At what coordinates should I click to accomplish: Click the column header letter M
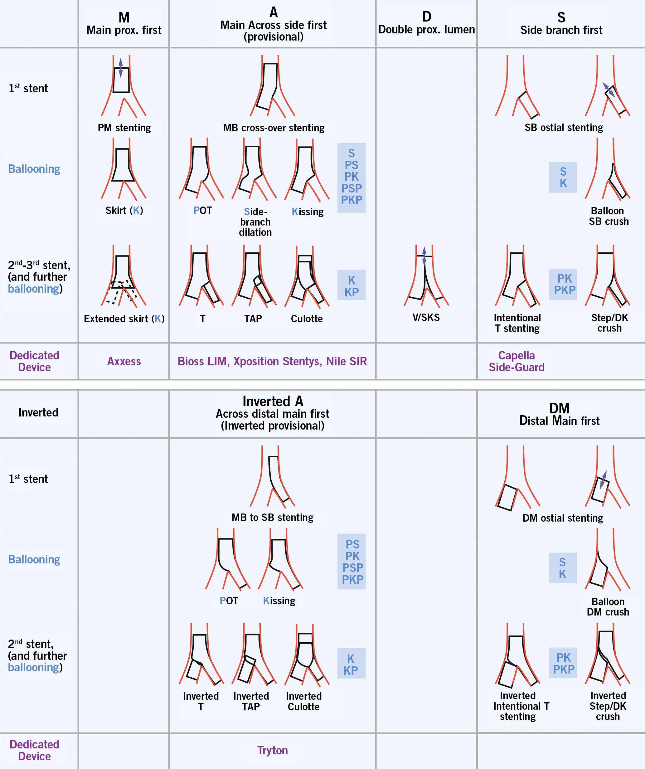pyautogui.click(x=124, y=17)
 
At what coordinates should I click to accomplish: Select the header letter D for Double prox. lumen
pyautogui.click(x=427, y=17)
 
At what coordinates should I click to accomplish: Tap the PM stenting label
pyautogui.click(x=124, y=128)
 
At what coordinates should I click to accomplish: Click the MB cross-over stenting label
pyautogui.click(x=274, y=128)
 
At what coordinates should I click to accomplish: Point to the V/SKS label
pyautogui.click(x=426, y=318)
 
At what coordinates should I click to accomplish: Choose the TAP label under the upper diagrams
pyautogui.click(x=253, y=319)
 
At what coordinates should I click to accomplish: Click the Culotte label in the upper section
pyautogui.click(x=307, y=319)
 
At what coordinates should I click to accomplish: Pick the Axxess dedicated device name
pyautogui.click(x=124, y=362)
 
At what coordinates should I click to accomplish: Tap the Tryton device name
pyautogui.click(x=272, y=750)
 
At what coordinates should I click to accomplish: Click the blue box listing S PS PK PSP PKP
pyautogui.click(x=352, y=178)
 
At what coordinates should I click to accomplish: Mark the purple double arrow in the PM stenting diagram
pyautogui.click(x=121, y=68)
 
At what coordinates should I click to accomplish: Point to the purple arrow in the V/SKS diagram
pyautogui.click(x=424, y=256)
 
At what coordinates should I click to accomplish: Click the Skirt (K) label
pyautogui.click(x=124, y=211)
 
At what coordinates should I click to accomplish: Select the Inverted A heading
pyautogui.click(x=273, y=401)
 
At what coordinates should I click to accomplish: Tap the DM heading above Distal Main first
pyautogui.click(x=559, y=408)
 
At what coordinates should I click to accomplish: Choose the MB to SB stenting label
pyautogui.click(x=272, y=518)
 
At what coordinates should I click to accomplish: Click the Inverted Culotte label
pyautogui.click(x=304, y=701)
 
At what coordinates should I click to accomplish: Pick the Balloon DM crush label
pyautogui.click(x=608, y=607)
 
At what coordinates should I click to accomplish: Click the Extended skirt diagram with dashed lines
pyautogui.click(x=124, y=275)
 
